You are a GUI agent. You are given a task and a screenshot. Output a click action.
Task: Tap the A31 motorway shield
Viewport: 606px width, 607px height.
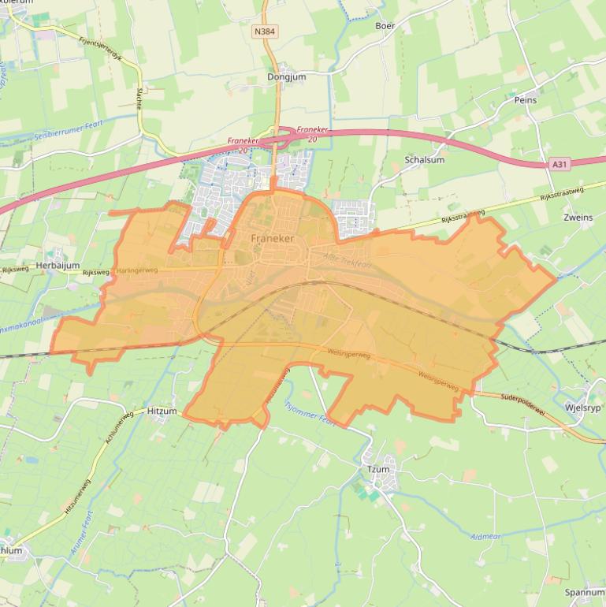(x=559, y=164)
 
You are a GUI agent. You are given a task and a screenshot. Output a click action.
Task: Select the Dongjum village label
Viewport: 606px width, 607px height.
(x=286, y=77)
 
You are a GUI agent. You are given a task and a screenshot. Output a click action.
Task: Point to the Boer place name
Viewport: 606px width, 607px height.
(x=385, y=26)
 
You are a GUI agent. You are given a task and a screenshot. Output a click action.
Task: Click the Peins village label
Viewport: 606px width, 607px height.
(x=525, y=100)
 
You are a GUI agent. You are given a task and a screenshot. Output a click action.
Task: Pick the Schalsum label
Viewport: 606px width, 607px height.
(x=424, y=159)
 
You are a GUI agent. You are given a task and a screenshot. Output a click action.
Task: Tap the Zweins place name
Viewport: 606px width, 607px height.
(x=578, y=218)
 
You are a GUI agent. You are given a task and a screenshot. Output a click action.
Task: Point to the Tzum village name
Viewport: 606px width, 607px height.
(x=378, y=469)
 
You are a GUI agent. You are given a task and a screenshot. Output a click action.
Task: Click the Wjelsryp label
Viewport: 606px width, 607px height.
(x=582, y=408)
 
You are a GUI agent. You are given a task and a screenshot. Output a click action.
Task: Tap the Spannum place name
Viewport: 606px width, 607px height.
(x=584, y=592)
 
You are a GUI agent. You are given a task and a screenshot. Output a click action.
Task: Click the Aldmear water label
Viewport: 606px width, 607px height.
(x=485, y=537)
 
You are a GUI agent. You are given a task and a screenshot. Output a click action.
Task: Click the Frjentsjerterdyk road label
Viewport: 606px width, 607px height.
(x=102, y=47)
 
